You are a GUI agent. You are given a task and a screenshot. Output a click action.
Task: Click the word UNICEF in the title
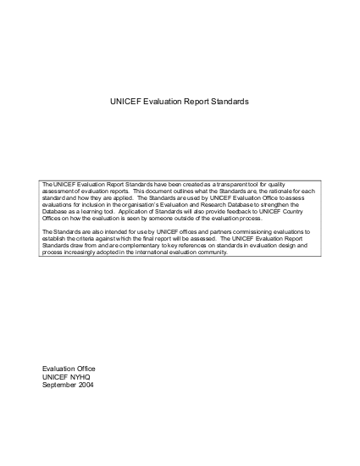pos(125,101)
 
